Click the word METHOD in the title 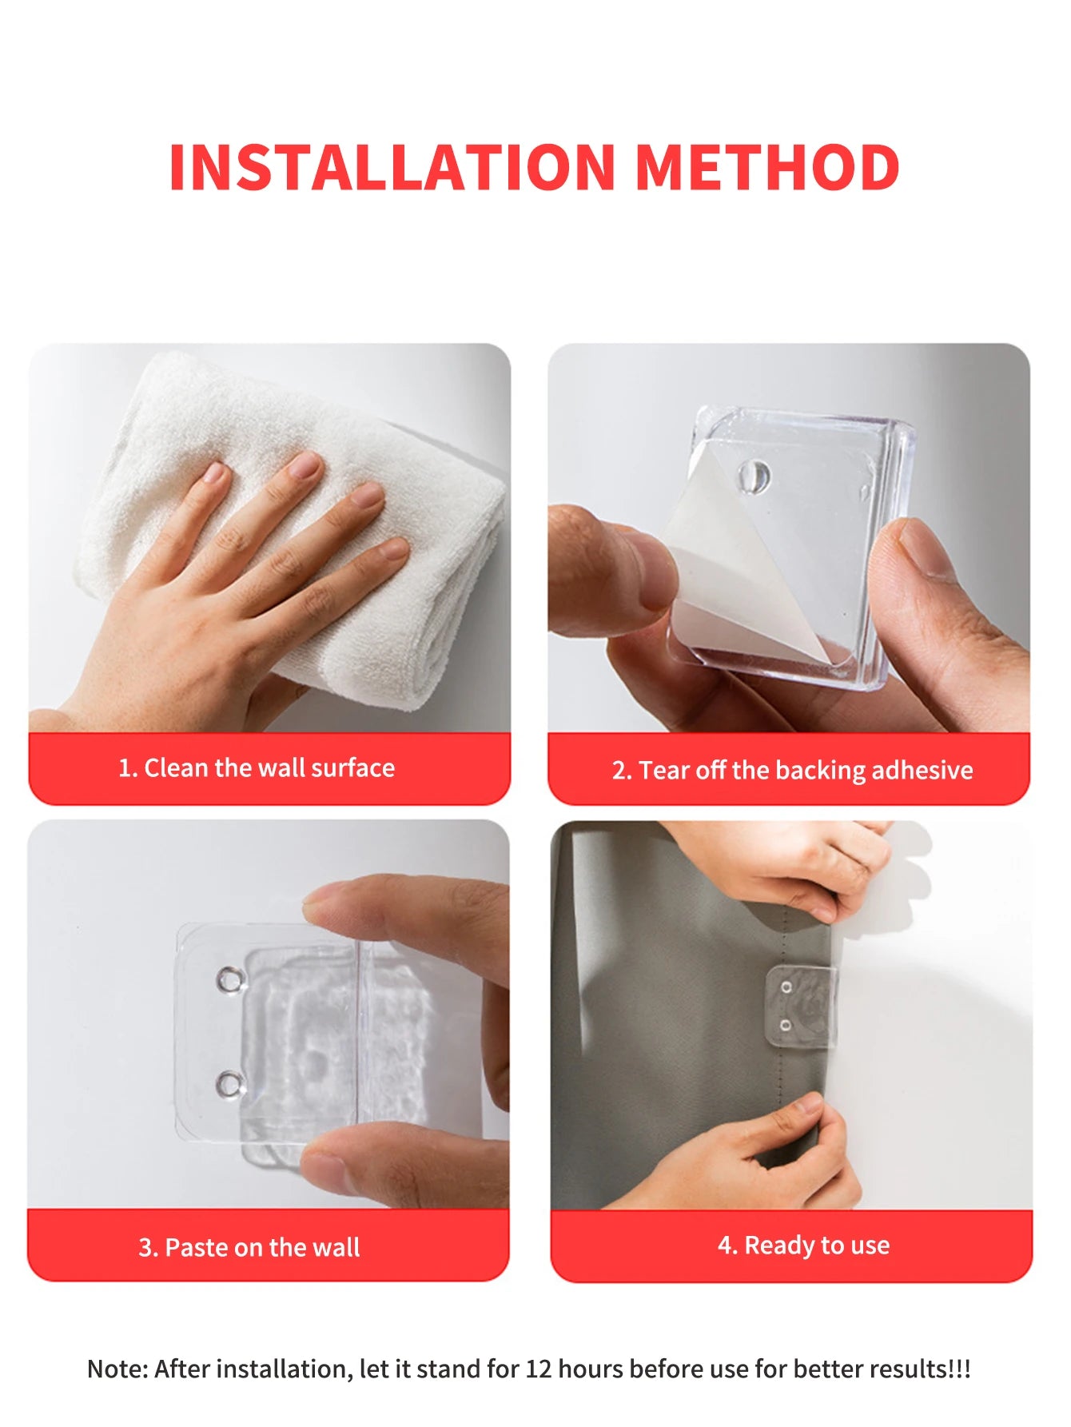click(x=767, y=168)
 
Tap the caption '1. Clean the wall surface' click(x=257, y=768)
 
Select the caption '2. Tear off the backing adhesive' click(x=792, y=771)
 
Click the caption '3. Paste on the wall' click(x=249, y=1247)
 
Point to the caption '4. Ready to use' click(x=803, y=1246)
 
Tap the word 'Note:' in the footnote click(x=117, y=1369)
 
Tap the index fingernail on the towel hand click(x=305, y=464)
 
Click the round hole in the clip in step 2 click(x=753, y=477)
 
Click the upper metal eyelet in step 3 click(x=230, y=979)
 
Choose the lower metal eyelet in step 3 click(x=230, y=1084)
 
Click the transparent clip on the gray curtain click(x=802, y=1007)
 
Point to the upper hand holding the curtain click(x=799, y=863)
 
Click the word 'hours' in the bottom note click(x=591, y=1369)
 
